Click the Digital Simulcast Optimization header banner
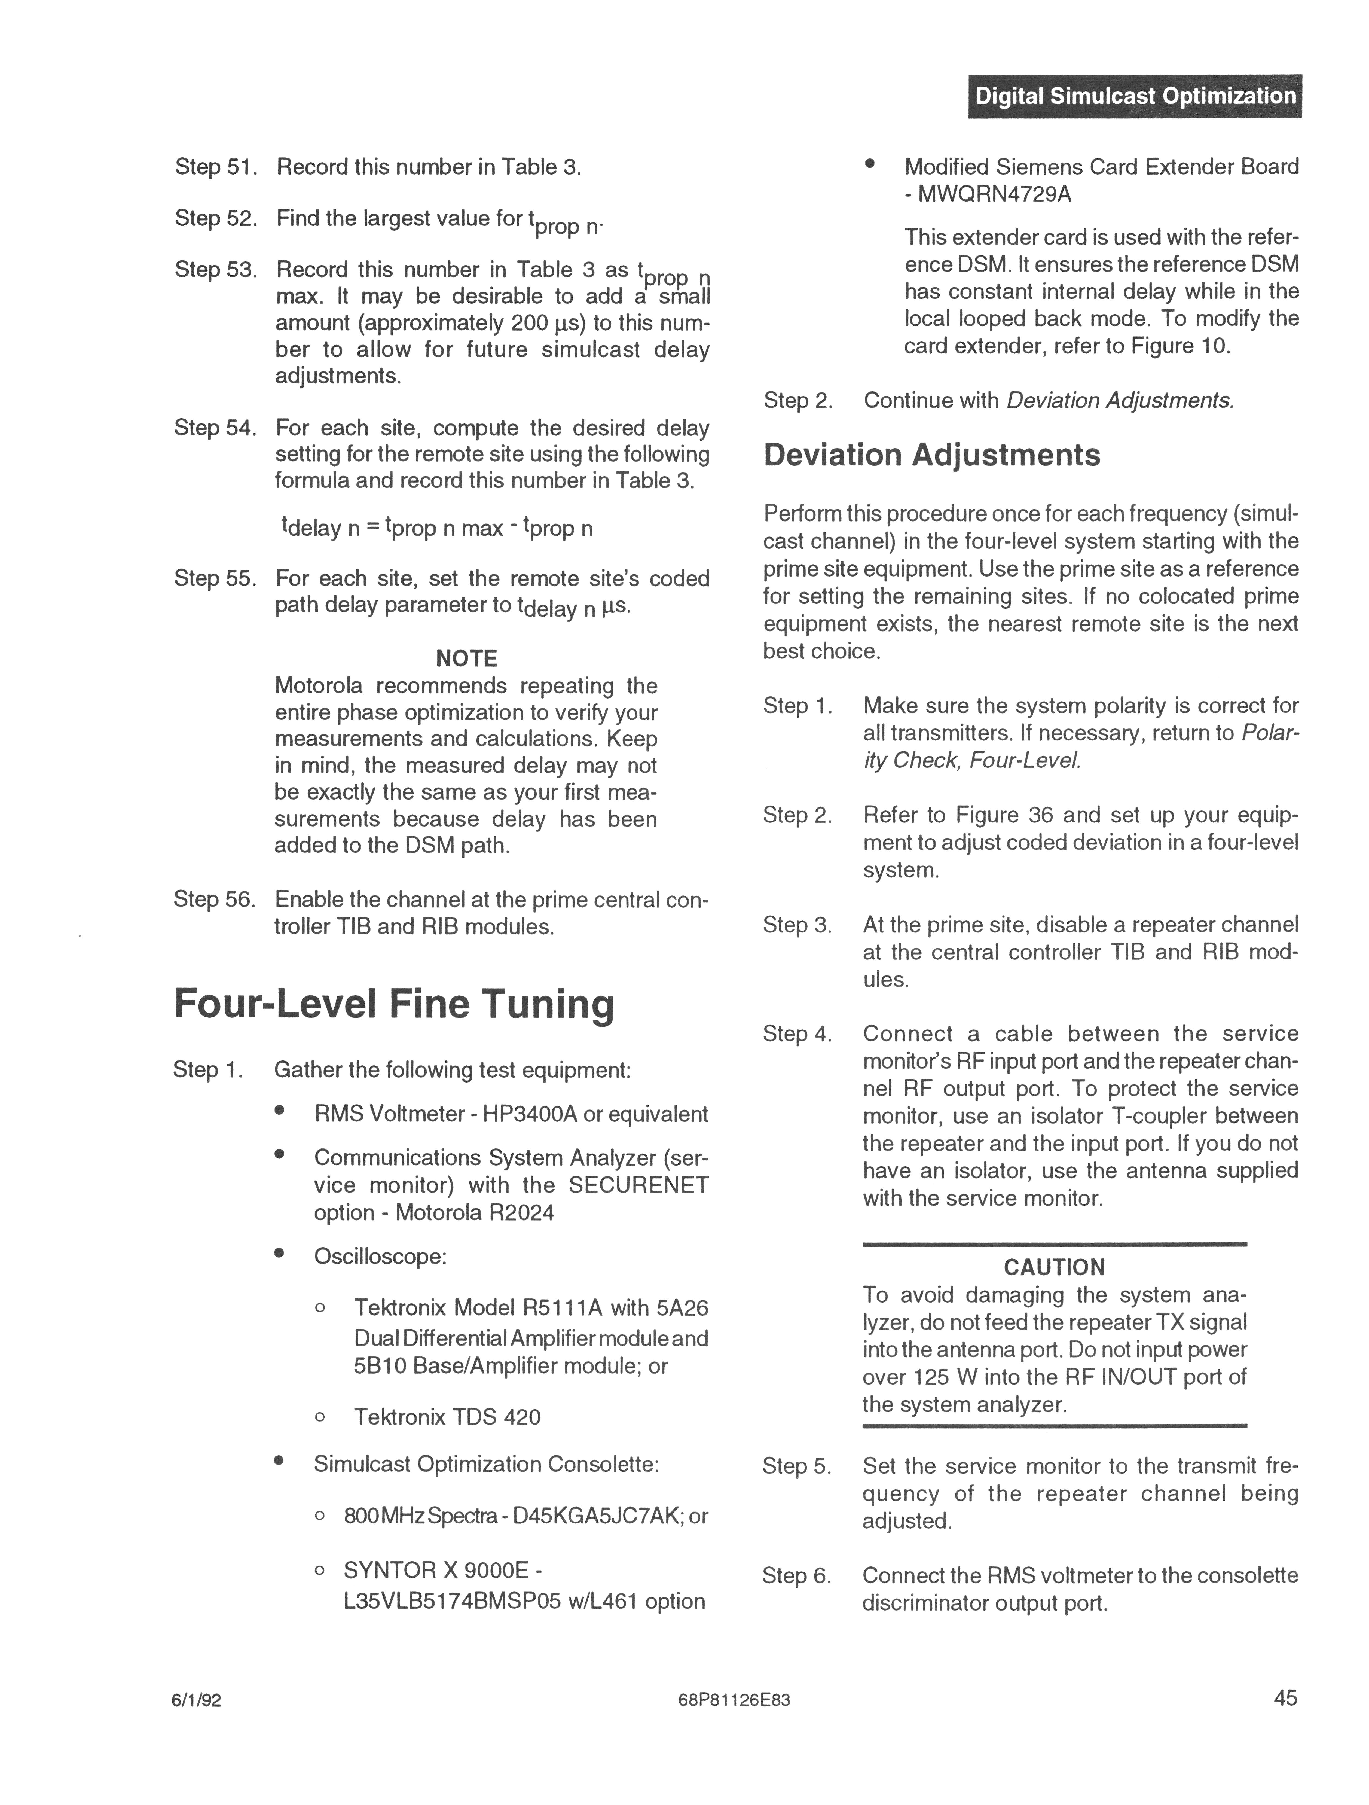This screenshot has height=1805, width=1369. pyautogui.click(x=1135, y=96)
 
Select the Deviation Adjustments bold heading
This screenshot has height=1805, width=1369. pyautogui.click(x=932, y=455)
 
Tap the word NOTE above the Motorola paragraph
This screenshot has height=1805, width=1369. pyautogui.click(x=467, y=658)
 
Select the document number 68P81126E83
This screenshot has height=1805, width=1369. pyautogui.click(x=734, y=1700)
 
